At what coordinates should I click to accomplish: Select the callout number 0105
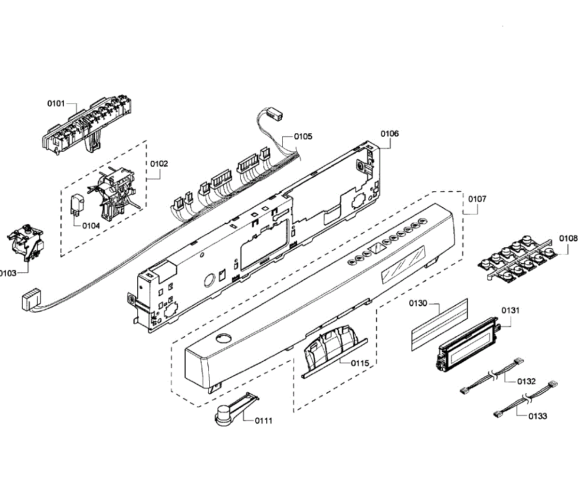pos(303,137)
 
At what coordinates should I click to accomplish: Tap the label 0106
pos(390,134)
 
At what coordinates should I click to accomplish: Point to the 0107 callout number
pos(477,199)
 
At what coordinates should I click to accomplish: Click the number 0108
pos(568,238)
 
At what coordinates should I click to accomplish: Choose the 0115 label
pos(360,363)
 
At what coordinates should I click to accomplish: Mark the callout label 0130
pos(418,303)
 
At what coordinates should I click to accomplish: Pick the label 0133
pos(538,416)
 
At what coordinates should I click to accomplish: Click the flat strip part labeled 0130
pos(440,323)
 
